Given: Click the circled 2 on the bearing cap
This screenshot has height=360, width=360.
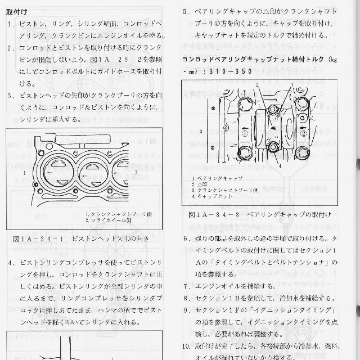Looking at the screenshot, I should pos(303,134).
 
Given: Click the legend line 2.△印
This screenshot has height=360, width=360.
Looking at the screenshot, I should pos(200,184).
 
